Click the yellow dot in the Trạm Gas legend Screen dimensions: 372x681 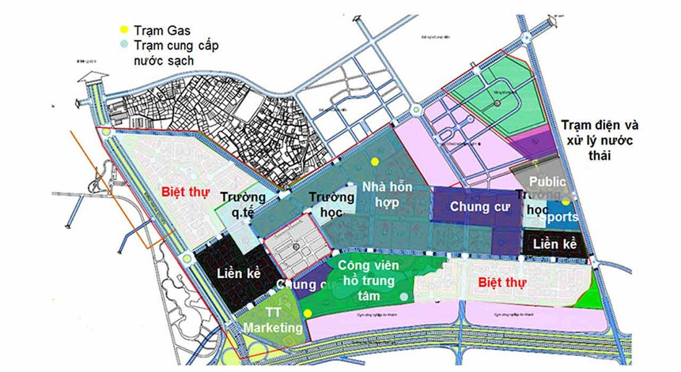coord(124,30)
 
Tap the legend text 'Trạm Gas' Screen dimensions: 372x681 coord(159,30)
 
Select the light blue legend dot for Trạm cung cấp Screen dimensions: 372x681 coord(124,45)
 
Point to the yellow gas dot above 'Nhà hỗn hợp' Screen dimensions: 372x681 coord(374,161)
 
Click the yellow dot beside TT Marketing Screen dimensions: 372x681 coord(308,313)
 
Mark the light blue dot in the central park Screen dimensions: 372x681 coord(404,296)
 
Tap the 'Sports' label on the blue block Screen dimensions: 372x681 coord(561,217)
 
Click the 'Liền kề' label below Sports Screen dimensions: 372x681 coord(555,244)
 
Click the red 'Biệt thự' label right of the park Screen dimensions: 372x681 coord(503,283)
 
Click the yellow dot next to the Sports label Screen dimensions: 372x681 coord(566,202)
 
